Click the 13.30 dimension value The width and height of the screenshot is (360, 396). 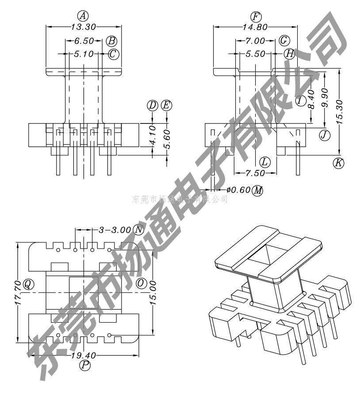pyautogui.click(x=84, y=27)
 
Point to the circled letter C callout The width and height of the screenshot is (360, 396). pyautogui.click(x=113, y=54)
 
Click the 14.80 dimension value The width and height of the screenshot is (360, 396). pyautogui.click(x=255, y=27)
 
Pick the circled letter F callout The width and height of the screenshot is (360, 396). pyautogui.click(x=255, y=17)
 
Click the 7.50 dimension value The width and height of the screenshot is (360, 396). pyautogui.click(x=255, y=173)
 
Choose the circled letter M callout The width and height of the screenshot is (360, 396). pyautogui.click(x=257, y=191)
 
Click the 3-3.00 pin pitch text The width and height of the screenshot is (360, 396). pyautogui.click(x=115, y=230)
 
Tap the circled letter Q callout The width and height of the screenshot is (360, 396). pyautogui.click(x=28, y=284)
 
